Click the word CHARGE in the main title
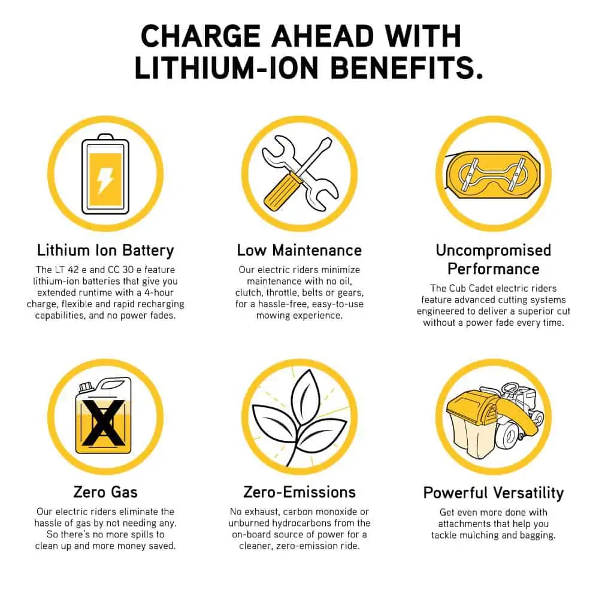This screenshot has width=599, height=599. click(x=201, y=37)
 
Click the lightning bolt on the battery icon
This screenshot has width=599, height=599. click(x=105, y=181)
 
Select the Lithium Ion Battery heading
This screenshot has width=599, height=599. click(x=105, y=250)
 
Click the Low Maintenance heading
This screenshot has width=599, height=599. click(x=299, y=250)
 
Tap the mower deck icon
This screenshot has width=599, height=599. click(x=493, y=174)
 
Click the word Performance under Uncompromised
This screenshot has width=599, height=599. click(x=494, y=269)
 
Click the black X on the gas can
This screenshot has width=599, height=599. click(x=104, y=423)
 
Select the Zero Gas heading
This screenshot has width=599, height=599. click(x=105, y=492)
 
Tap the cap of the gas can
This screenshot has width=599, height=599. click(x=86, y=387)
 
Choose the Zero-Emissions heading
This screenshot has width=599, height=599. click(x=299, y=492)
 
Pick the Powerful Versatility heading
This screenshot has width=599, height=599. click(x=494, y=493)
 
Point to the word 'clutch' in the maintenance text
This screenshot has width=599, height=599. click(x=248, y=293)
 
